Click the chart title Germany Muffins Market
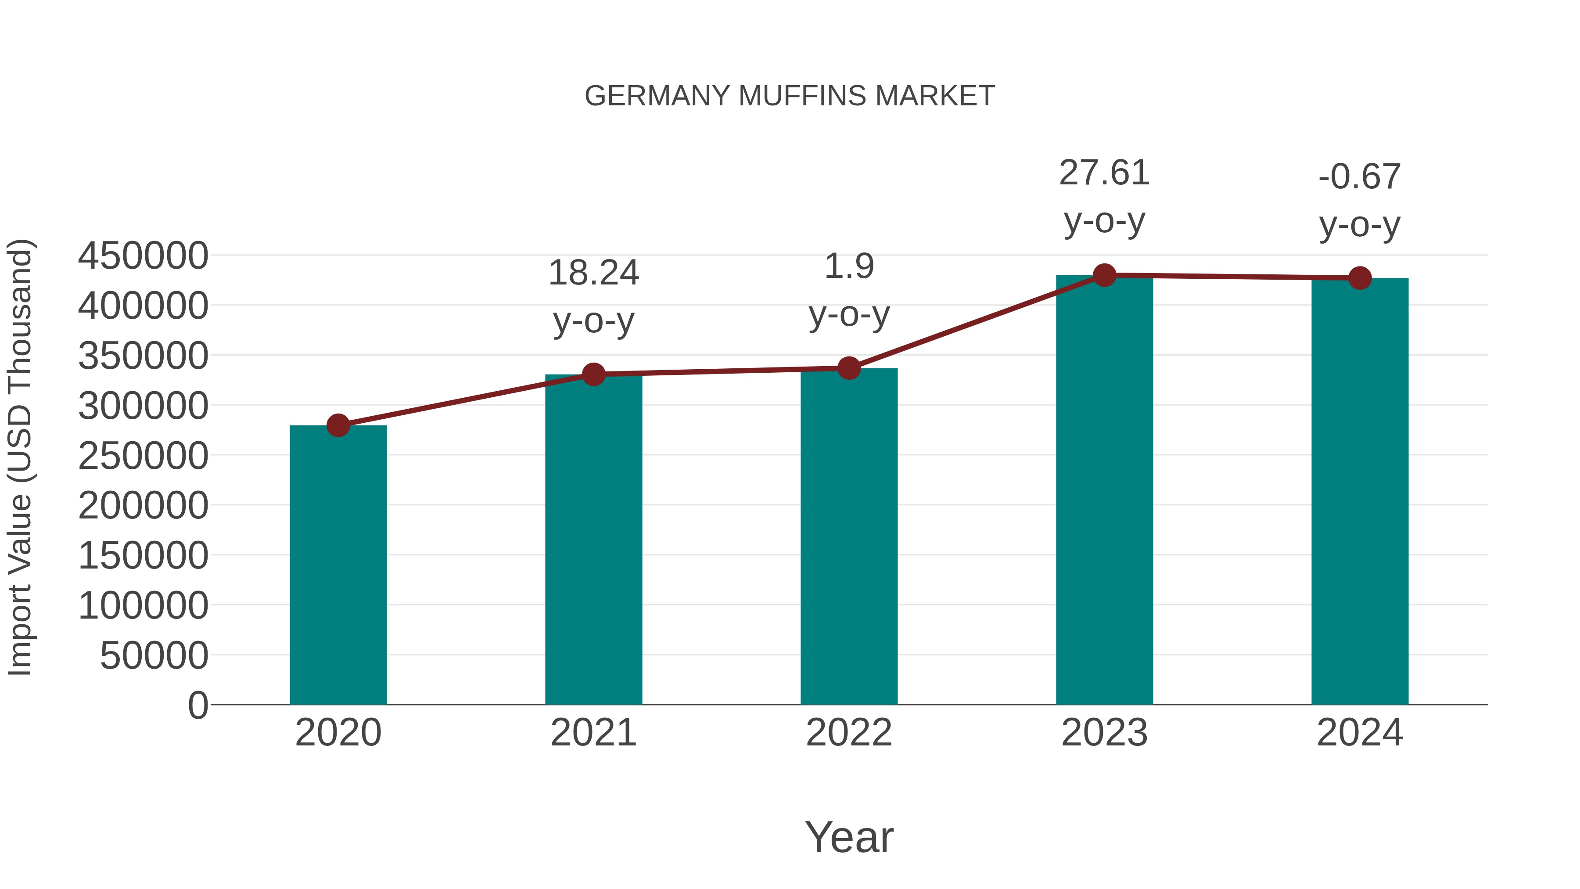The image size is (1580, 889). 790,96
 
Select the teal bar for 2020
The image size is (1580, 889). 338,565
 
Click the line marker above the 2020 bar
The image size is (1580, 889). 338,425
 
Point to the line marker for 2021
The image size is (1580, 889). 593,374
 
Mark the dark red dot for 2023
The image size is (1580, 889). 1104,275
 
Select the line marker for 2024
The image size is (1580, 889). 1360,278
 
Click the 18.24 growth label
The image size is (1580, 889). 593,273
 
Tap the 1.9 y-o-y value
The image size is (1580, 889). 849,267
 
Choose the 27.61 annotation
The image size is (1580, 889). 1104,173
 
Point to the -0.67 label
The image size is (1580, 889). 1360,177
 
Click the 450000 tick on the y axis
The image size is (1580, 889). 143,256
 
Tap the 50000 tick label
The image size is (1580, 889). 154,656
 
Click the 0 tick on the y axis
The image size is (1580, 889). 197,705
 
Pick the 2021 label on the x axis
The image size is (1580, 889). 593,733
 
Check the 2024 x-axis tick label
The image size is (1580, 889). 1360,733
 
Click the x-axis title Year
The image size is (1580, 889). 849,838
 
